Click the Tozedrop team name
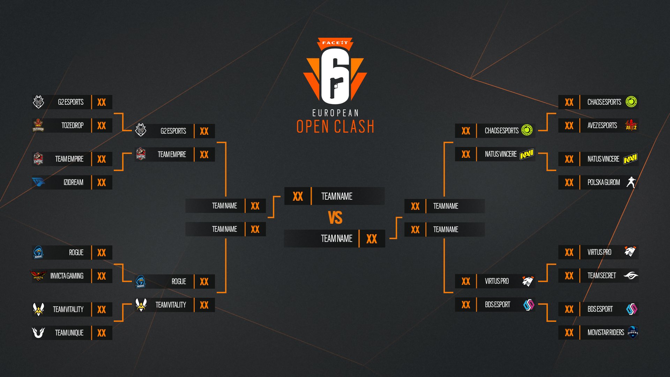coord(73,125)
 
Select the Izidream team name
coord(73,182)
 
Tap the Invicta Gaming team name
coord(67,276)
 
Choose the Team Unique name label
coord(69,333)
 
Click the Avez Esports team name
coord(602,125)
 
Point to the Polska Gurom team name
coord(604,182)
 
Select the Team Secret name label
coord(602,275)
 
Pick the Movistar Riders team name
coord(606,332)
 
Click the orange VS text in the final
coord(335,217)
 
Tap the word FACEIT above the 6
coord(335,43)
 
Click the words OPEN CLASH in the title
coord(335,126)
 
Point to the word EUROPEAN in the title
coord(335,113)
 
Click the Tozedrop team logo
coord(38,125)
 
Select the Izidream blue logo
coord(38,182)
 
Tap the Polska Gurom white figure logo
coord(631,182)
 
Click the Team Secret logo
coord(631,275)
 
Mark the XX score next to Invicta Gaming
coord(102,276)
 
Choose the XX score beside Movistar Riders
coord(569,333)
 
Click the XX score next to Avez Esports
coord(569,126)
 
